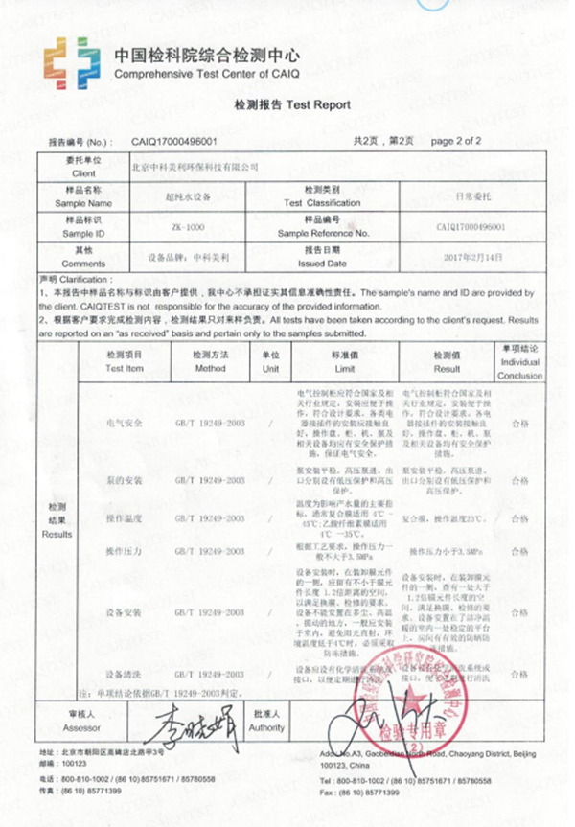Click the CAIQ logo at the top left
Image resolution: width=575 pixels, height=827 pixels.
71,62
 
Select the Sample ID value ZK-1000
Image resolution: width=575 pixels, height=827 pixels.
187,227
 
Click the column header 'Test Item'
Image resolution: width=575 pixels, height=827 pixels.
124,361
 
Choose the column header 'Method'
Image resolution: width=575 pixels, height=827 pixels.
210,361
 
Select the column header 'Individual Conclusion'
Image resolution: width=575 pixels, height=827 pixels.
519,361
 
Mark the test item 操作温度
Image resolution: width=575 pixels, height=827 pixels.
124,517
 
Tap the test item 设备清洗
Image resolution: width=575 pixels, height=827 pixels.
124,672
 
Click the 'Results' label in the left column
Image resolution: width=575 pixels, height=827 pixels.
57,534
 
